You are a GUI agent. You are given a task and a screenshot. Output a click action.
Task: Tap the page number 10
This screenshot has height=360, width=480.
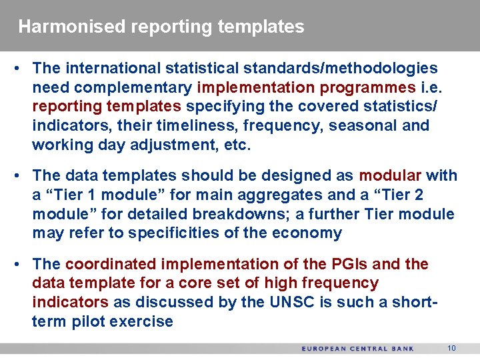point(451,349)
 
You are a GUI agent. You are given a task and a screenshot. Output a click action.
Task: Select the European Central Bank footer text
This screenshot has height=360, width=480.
point(357,349)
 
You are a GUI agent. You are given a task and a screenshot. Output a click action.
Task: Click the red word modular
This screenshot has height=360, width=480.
point(390,176)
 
